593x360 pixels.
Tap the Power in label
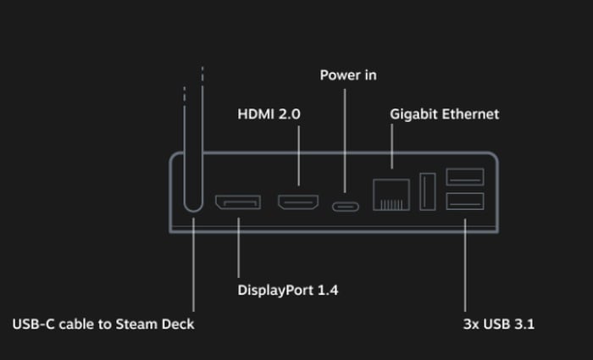pyautogui.click(x=348, y=75)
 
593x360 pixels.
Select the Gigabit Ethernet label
pyautogui.click(x=444, y=114)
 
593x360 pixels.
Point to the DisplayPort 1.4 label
pyautogui.click(x=288, y=291)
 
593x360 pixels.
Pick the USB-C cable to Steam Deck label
pyautogui.click(x=103, y=324)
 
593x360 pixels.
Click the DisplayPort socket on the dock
pyautogui.click(x=237, y=203)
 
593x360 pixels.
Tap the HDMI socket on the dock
pyautogui.click(x=297, y=203)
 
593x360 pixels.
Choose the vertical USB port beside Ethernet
pyautogui.click(x=428, y=191)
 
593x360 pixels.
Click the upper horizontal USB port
pyautogui.click(x=465, y=177)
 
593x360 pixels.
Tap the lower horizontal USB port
pyautogui.click(x=465, y=202)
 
